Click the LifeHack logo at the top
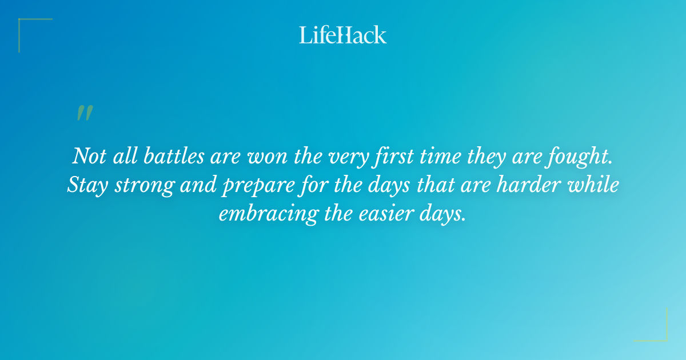[343, 35]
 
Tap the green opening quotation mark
[85, 113]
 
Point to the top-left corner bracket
[26, 26]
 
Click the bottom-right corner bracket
[660, 334]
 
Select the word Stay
[85, 185]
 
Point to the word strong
[143, 185]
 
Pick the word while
[597, 185]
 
